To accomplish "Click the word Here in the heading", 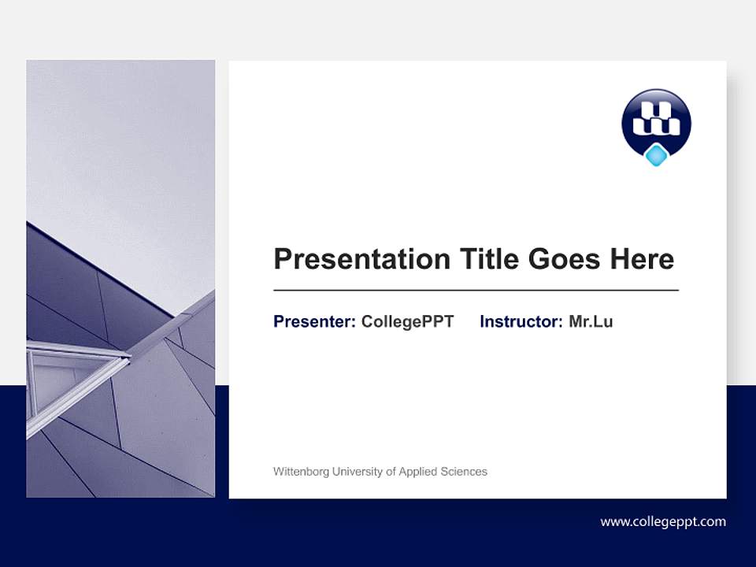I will (x=642, y=259).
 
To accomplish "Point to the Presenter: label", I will (x=314, y=321).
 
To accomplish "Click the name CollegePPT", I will (x=407, y=321).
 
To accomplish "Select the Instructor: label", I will (x=521, y=321).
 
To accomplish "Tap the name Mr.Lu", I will (x=591, y=321).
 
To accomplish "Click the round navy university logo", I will (x=656, y=123).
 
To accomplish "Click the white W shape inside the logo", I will (x=656, y=118).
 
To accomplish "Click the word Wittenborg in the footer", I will (x=301, y=472).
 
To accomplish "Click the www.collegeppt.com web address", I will (x=663, y=521).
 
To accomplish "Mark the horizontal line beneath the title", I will (x=476, y=291).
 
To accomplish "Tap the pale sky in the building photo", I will (x=118, y=142).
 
